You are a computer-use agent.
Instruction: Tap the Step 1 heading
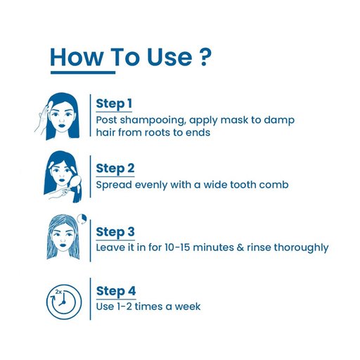click(114, 104)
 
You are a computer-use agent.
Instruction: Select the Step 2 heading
click(115, 169)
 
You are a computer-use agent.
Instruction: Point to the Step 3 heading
click(115, 232)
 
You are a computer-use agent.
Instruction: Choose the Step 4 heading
click(116, 291)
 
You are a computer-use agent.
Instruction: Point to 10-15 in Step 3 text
click(177, 247)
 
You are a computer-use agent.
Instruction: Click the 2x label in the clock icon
click(58, 292)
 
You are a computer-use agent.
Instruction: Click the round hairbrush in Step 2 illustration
click(75, 180)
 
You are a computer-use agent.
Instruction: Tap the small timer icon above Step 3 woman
click(82, 219)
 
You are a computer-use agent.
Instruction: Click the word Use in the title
click(169, 57)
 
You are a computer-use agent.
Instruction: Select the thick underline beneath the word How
click(83, 72)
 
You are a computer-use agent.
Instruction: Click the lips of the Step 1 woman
click(62, 125)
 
